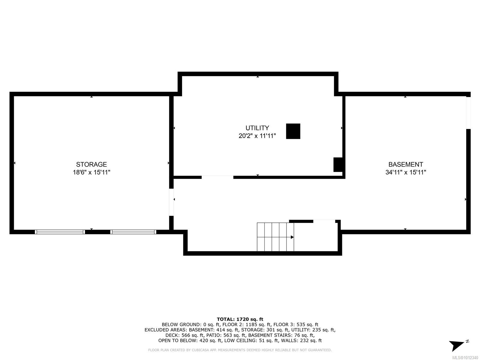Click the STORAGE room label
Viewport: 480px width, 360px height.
coord(91,164)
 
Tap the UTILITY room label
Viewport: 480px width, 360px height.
coord(257,128)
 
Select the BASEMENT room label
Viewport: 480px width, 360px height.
coord(406,164)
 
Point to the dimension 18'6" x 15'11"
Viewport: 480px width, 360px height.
coord(91,172)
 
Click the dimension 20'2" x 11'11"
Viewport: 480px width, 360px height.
coord(257,136)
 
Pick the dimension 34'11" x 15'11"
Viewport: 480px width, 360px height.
coord(406,172)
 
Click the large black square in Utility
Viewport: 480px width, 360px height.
coord(293,131)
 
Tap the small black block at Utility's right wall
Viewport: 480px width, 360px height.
coord(337,165)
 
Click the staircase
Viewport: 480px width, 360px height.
coord(275,237)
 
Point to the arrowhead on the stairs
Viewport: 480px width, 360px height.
coord(292,237)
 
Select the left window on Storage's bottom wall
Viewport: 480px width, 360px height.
coord(60,232)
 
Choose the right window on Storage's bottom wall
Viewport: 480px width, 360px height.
coord(133,232)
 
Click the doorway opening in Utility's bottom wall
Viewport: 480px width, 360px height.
coord(217,177)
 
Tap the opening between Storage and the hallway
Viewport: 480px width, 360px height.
coord(171,202)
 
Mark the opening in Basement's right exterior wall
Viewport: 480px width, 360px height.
coord(468,113)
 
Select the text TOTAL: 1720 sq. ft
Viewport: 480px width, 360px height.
coord(240,319)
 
